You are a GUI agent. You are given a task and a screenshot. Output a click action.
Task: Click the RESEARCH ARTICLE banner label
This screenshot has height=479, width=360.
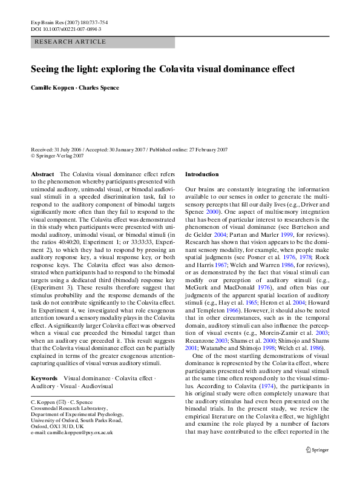(x=70, y=42)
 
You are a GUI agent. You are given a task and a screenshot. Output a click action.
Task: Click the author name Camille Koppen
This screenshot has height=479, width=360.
(x=52, y=88)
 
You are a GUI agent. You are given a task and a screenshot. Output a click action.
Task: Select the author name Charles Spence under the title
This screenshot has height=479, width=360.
(x=99, y=88)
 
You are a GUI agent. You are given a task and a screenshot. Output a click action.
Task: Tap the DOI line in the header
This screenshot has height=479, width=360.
(x=66, y=29)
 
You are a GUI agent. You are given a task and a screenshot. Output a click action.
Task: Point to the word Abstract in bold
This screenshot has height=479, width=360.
(x=42, y=174)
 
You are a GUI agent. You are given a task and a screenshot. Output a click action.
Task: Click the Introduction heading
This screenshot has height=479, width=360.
(x=202, y=174)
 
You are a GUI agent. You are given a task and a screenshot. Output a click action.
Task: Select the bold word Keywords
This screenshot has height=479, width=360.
(x=44, y=378)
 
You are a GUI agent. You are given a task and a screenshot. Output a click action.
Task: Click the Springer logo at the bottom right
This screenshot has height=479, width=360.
(x=317, y=450)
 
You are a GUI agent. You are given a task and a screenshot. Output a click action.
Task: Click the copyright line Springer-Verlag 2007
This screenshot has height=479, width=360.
(x=57, y=156)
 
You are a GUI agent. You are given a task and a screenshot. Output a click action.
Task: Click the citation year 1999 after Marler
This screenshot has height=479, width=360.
(x=287, y=234)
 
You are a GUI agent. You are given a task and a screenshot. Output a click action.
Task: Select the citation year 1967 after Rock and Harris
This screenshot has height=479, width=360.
(x=221, y=265)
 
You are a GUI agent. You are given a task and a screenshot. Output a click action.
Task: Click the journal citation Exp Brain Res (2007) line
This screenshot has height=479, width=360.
(x=70, y=22)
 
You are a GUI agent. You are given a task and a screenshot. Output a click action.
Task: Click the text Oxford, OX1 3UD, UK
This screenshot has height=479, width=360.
(x=57, y=426)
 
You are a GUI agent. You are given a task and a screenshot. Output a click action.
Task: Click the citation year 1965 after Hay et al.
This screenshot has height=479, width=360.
(x=251, y=303)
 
